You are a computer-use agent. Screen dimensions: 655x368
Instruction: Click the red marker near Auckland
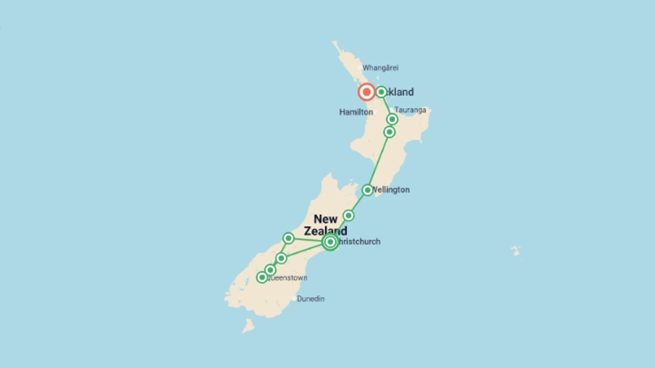pos(366,92)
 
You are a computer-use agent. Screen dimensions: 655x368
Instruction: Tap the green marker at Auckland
pos(381,92)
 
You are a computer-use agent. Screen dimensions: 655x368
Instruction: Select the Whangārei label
pos(380,68)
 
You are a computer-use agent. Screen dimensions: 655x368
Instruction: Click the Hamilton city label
pos(356,112)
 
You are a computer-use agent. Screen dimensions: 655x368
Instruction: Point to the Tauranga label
pos(410,110)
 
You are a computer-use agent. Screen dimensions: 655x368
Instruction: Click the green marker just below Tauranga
pos(392,119)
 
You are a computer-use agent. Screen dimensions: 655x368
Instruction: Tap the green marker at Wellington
pos(367,190)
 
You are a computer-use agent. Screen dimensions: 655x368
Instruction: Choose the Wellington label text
pos(391,190)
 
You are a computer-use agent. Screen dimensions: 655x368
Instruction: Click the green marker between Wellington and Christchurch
pos(348,215)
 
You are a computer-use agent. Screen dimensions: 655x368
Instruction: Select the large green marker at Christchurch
pos(330,242)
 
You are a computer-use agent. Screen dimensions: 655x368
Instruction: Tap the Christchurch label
pos(359,242)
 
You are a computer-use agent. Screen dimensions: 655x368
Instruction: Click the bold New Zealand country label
pos(325,225)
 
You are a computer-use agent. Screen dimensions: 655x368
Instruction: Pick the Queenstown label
pos(288,278)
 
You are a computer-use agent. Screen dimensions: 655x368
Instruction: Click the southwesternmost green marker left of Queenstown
pos(262,277)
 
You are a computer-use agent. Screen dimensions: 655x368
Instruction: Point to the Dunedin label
pos(310,299)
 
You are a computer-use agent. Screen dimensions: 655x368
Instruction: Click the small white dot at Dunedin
pos(294,299)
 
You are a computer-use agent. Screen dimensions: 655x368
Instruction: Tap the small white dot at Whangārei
pos(360,68)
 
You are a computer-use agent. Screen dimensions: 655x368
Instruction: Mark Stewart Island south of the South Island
pos(249,326)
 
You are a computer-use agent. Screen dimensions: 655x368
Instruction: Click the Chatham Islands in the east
pos(516,251)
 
